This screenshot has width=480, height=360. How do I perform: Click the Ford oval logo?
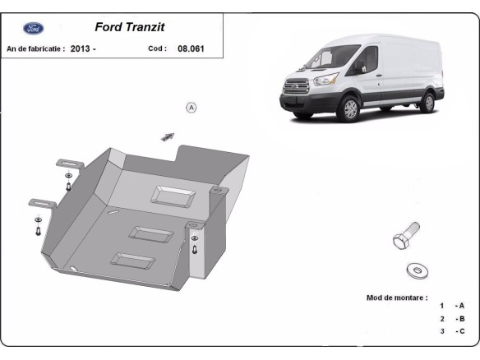34,28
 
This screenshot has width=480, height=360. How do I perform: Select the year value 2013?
81,48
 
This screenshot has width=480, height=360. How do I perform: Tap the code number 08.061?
192,48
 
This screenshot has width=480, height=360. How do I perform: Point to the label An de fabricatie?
35,48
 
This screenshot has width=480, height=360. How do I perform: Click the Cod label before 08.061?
157,48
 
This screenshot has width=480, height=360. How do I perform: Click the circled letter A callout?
192,107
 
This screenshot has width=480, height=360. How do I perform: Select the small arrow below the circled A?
168,136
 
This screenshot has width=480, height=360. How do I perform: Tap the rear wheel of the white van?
427,101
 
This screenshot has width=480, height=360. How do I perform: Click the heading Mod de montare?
396,297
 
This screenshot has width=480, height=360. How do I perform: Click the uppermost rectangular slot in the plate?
173,196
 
